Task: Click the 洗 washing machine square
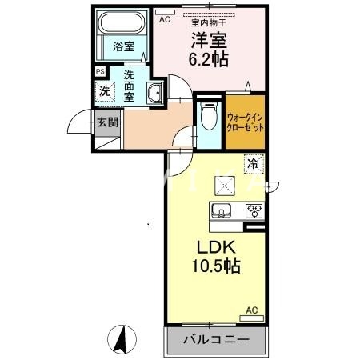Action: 104,90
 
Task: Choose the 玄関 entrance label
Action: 107,123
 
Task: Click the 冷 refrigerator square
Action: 252,164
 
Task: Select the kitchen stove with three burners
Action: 254,211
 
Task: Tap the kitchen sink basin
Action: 222,211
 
